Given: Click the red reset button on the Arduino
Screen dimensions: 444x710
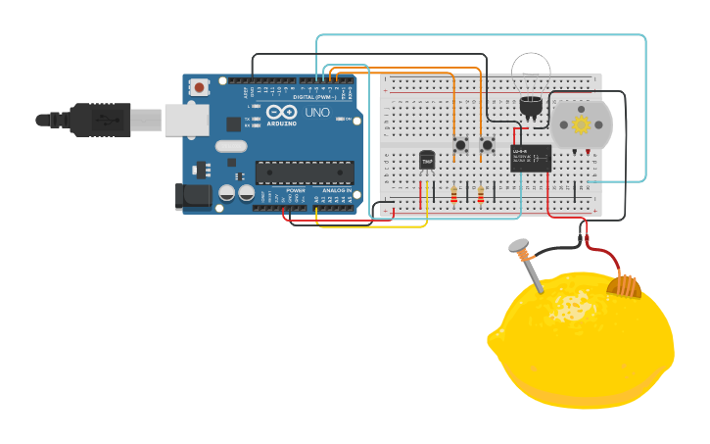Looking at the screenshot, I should pos(200,87).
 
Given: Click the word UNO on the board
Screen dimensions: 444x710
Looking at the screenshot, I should pos(317,113).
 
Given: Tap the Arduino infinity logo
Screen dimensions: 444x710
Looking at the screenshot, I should pos(281,112).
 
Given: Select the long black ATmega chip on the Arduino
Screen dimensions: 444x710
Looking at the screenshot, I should pos(305,173).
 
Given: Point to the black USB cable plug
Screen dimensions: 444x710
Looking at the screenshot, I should pos(98,120).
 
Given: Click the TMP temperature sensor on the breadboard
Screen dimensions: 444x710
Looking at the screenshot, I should pos(427,160).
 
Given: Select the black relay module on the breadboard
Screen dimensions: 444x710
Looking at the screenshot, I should pos(530,158).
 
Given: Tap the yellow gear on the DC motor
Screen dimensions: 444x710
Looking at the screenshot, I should pos(581,124).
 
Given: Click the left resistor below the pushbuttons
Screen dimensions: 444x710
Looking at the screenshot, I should pos(453,194).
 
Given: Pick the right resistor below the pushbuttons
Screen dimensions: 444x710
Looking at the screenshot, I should pos(481,194).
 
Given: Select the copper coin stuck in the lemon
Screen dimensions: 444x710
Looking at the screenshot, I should pos(624,285).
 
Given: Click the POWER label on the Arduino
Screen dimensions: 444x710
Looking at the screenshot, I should pos(296,190).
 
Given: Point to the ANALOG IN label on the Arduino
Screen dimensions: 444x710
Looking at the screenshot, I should pos(336,190).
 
